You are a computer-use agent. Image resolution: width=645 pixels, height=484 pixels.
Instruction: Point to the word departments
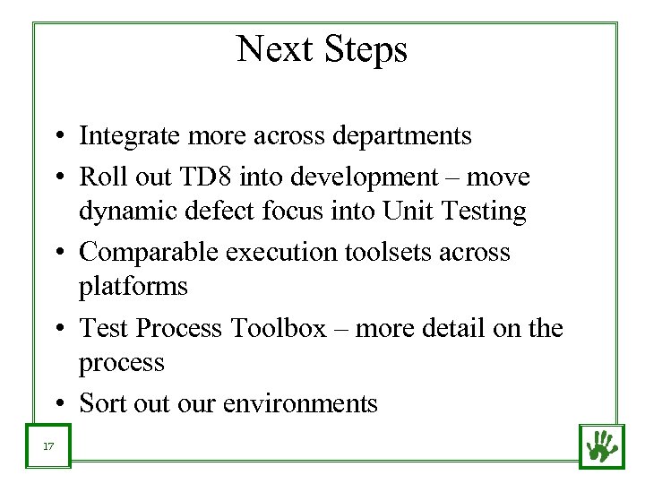[x=402, y=136]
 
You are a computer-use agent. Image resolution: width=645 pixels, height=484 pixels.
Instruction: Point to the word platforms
[x=133, y=288]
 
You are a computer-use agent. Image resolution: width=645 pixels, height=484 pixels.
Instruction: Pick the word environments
[x=300, y=403]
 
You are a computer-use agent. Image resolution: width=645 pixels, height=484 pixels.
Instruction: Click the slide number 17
[x=49, y=445]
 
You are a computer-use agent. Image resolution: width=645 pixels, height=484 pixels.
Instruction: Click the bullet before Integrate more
[x=56, y=137]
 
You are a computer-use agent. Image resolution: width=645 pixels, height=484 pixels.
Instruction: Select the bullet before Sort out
[x=56, y=404]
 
